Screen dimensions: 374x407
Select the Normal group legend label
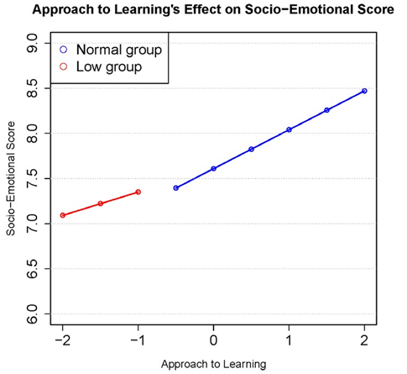118,50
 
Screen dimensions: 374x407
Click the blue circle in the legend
64,50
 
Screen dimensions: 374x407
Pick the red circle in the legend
64,66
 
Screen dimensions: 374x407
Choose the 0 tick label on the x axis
213,340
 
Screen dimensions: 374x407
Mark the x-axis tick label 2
364,340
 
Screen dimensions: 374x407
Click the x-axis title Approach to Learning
213,363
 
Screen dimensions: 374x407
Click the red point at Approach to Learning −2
63,215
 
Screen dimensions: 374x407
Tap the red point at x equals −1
138,192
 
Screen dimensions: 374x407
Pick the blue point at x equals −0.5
175,188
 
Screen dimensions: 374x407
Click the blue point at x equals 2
364,91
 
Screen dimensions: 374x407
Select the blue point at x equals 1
289,129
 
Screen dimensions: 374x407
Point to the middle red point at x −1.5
101,203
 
